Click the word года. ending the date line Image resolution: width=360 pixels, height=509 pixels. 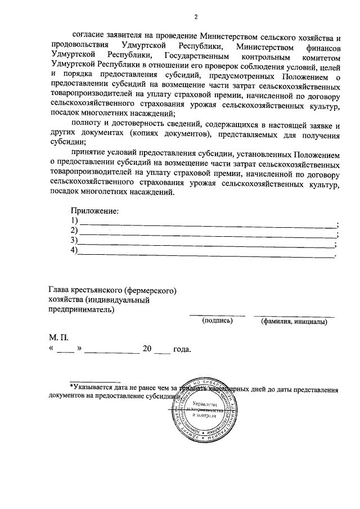pos(182,349)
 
